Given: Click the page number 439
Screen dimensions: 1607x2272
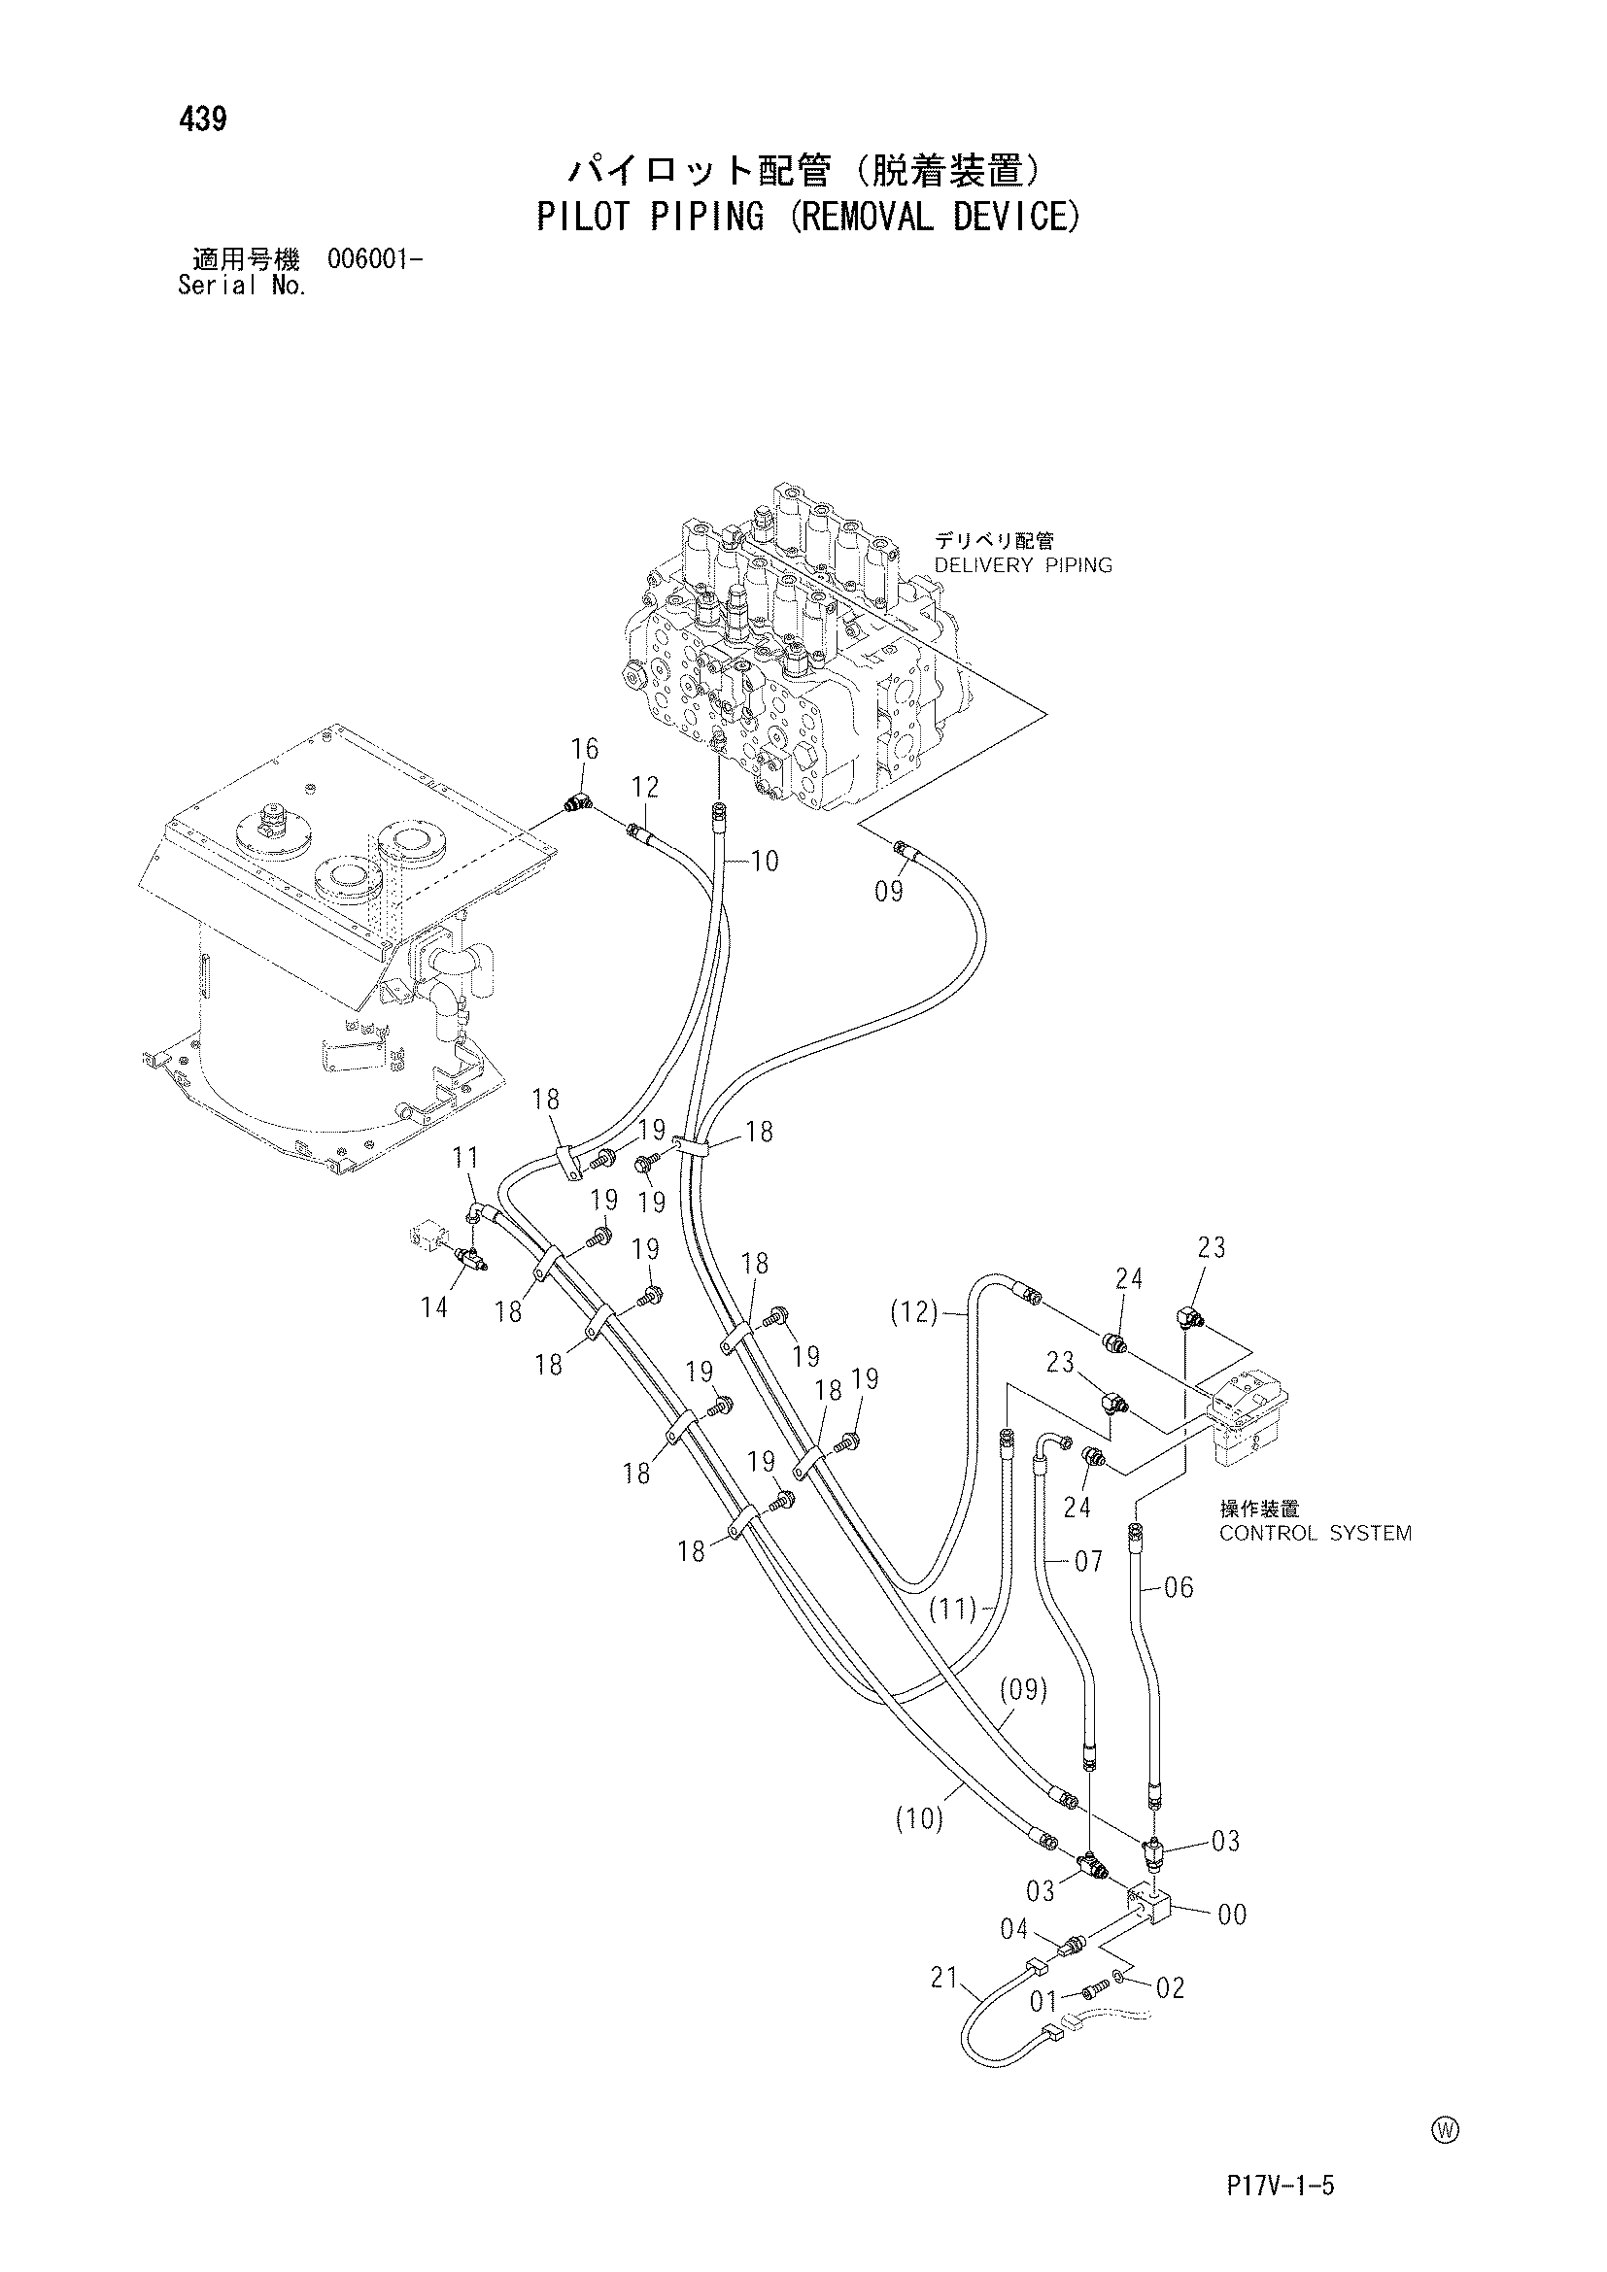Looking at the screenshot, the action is pos(203,119).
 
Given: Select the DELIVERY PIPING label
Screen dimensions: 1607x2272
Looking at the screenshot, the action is pos(1023,565).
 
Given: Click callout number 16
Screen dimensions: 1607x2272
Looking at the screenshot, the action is pos(585,749).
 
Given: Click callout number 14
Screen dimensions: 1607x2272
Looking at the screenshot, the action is pos(433,1307).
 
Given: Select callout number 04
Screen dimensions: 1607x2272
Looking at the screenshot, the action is pos(1014,1929).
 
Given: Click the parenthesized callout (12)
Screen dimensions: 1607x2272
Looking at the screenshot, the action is pos(912,1312).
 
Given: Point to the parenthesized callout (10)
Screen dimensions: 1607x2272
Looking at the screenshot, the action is pos(918,1819).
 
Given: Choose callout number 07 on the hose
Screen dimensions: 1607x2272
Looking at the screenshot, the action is pos(1088,1562).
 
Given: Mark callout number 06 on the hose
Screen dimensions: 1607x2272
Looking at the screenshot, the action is pos(1180,1587).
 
